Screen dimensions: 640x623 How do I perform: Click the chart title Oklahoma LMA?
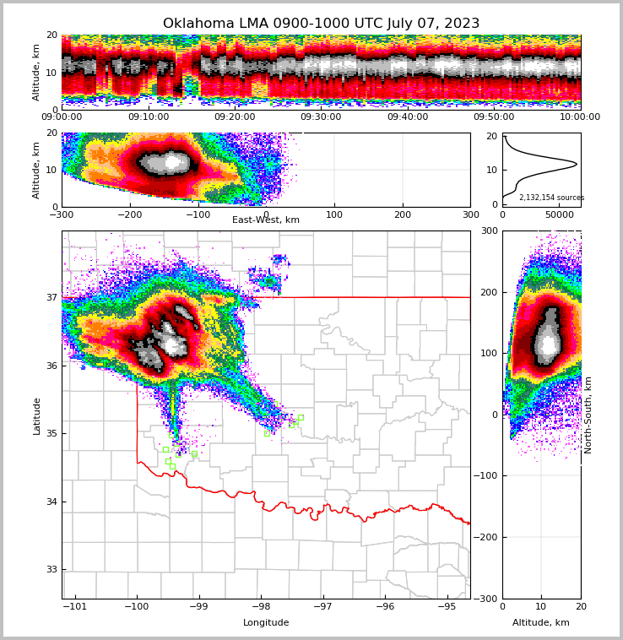point(321,24)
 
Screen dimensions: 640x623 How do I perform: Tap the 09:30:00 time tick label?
point(321,117)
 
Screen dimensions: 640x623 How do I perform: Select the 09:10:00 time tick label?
point(148,117)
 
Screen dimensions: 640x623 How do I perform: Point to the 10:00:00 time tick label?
point(580,117)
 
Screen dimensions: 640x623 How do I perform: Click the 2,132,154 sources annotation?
point(551,198)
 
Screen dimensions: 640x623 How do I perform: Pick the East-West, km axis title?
point(266,220)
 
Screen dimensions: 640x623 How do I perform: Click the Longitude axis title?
point(266,623)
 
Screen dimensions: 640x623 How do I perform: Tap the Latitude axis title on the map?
point(37,415)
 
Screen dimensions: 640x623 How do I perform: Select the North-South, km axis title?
point(588,415)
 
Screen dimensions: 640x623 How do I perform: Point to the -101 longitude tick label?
point(76,606)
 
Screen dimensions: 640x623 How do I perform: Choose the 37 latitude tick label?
point(51,297)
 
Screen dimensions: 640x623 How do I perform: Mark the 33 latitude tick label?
point(51,570)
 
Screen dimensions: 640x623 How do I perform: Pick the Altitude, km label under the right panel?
point(541,623)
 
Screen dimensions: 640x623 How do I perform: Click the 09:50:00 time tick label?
point(494,117)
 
